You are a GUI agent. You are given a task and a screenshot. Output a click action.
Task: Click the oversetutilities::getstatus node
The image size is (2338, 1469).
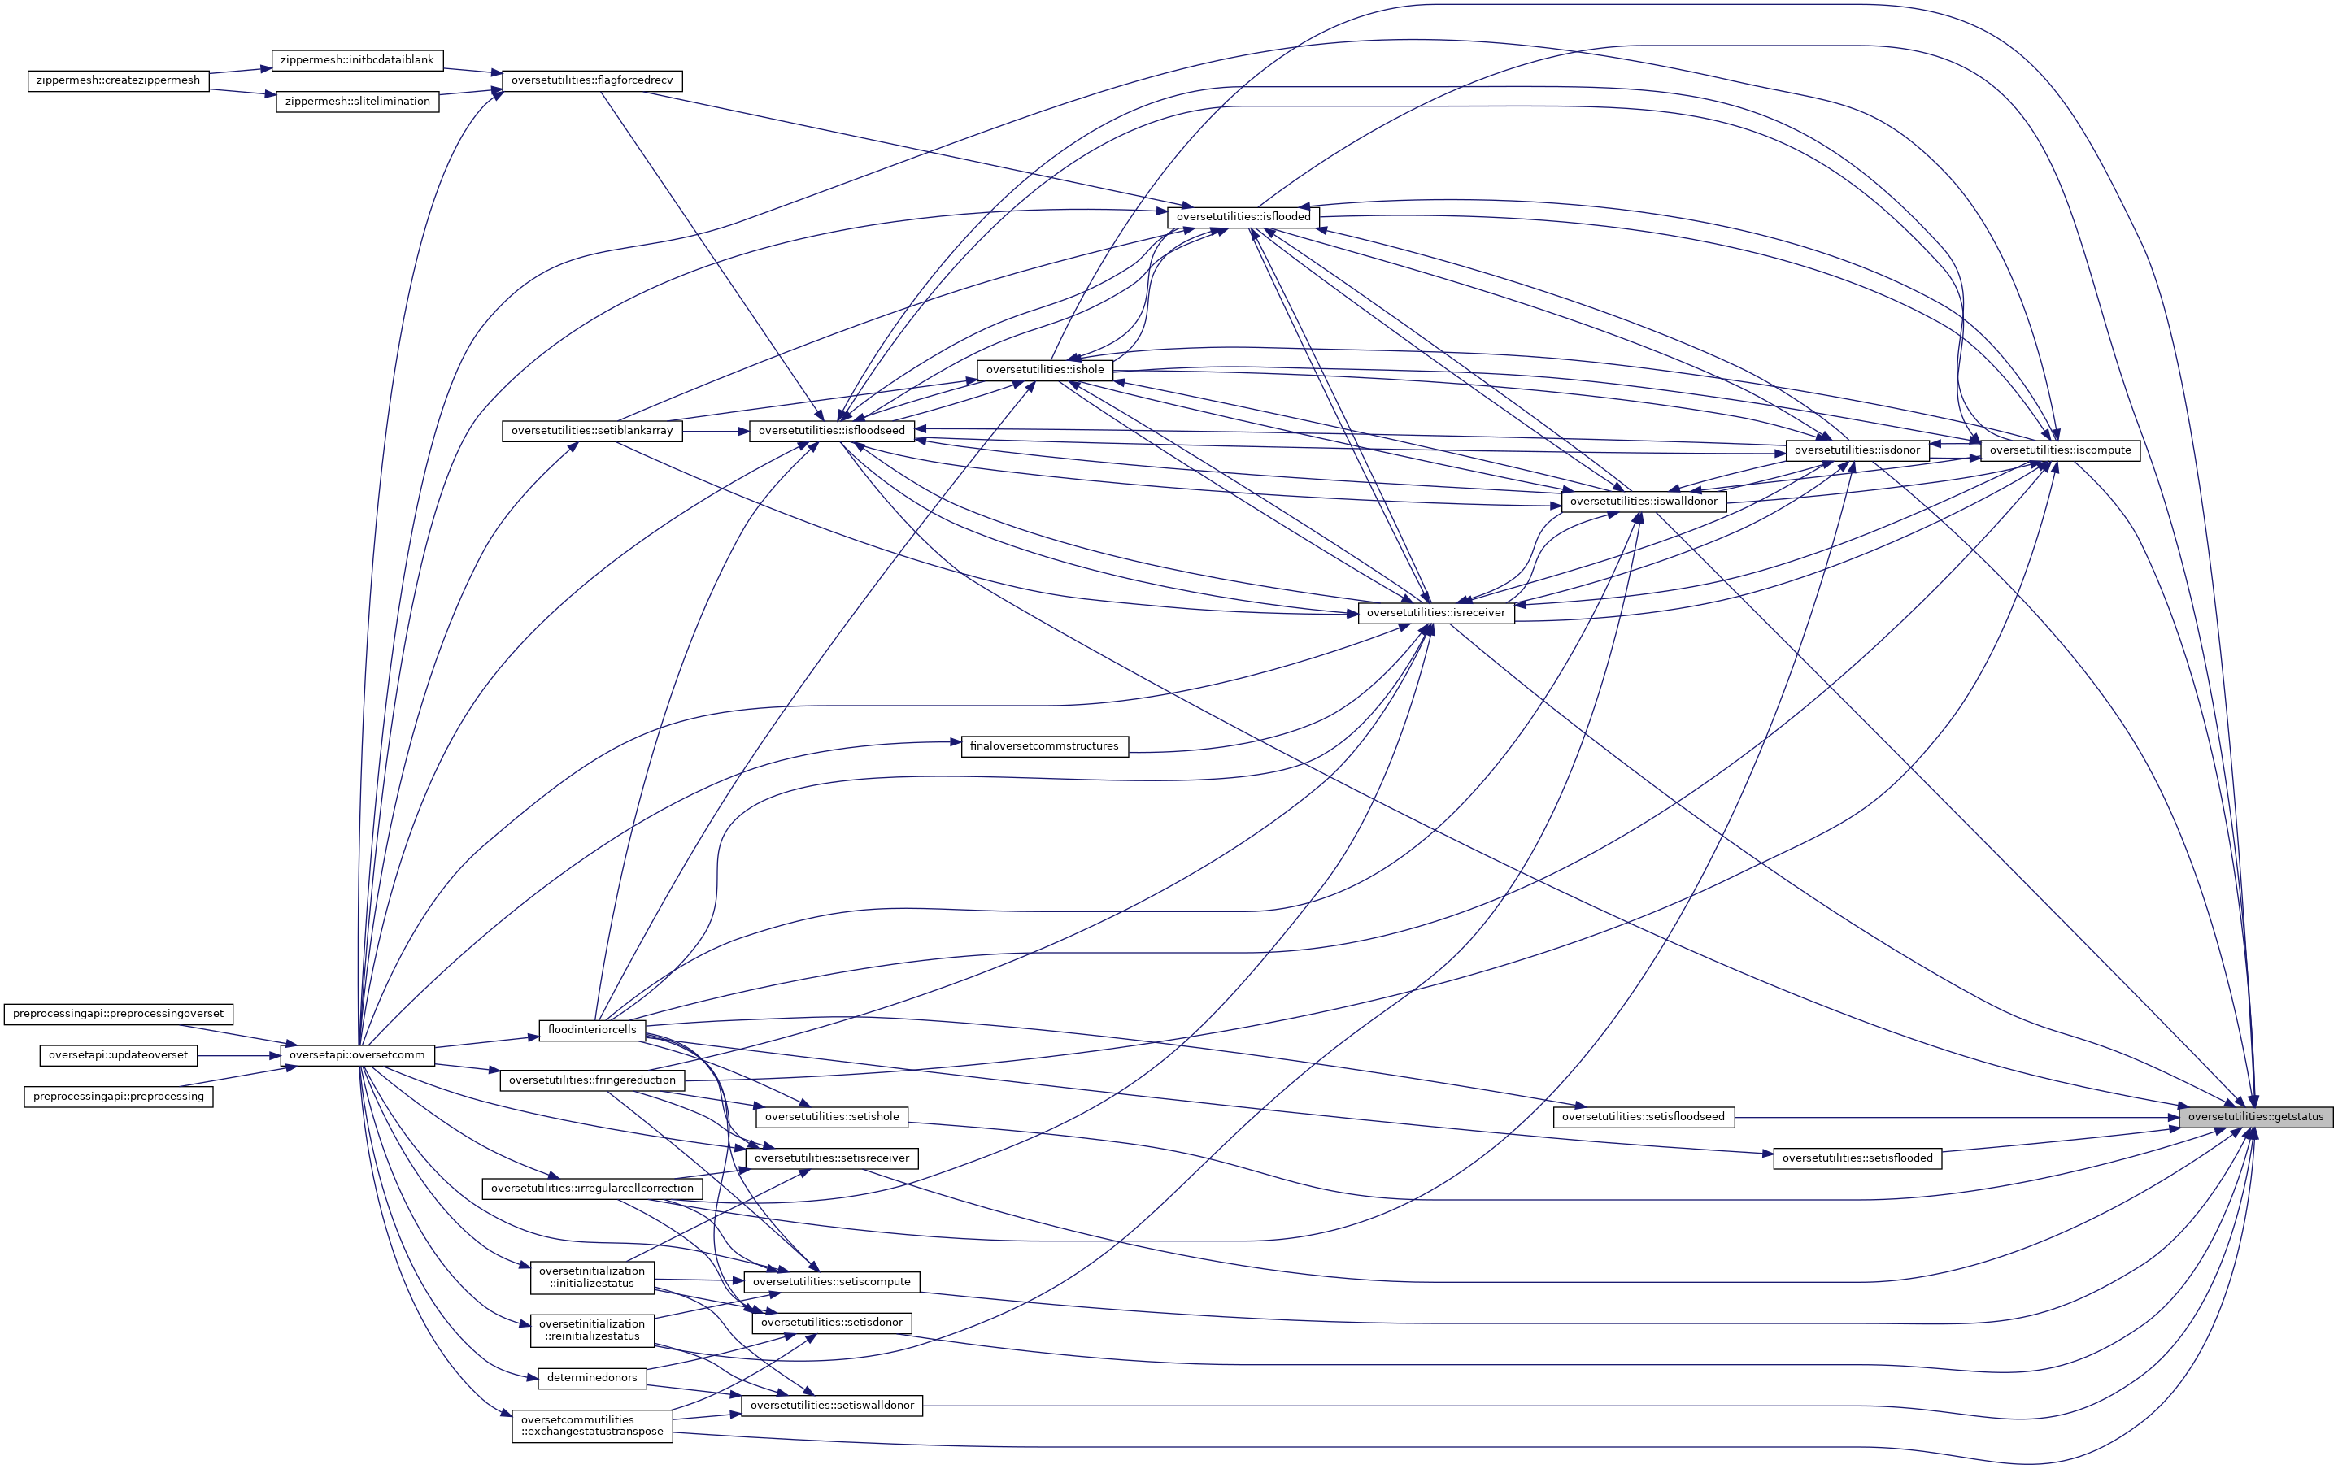(x=2256, y=1116)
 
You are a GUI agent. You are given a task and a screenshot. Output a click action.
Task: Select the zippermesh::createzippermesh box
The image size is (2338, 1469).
(x=119, y=80)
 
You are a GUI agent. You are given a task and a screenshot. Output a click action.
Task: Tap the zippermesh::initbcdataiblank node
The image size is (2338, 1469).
(x=356, y=60)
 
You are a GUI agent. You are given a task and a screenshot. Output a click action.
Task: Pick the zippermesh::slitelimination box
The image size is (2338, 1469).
(x=357, y=101)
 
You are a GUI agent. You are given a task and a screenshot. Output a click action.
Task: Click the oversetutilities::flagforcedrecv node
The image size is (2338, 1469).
(x=591, y=80)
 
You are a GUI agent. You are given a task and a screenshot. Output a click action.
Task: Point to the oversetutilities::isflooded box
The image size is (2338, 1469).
(x=1243, y=216)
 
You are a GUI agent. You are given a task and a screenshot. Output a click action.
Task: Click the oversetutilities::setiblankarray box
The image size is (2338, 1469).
(x=592, y=431)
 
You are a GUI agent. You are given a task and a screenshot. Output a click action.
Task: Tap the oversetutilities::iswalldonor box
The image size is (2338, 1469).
(x=1643, y=502)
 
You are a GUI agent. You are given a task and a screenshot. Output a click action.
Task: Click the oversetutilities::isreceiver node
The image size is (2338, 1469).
(x=1436, y=613)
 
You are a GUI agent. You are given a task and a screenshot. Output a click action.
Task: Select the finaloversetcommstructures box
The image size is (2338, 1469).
(x=1043, y=745)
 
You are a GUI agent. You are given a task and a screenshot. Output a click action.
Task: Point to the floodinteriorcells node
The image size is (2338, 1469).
(x=592, y=1029)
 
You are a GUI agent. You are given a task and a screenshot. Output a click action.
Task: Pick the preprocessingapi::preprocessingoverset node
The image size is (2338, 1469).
(x=119, y=1014)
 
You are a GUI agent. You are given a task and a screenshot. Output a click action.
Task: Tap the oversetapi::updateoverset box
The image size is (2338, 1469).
(x=119, y=1054)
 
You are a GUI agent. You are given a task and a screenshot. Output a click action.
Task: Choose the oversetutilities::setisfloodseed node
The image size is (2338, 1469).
(x=1643, y=1116)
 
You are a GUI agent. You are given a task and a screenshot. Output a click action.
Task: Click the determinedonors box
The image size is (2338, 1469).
(x=592, y=1378)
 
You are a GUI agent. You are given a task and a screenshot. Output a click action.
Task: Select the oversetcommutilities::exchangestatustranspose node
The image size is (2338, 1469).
(x=592, y=1425)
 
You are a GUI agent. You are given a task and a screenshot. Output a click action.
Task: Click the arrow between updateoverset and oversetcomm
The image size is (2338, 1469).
(x=239, y=1054)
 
